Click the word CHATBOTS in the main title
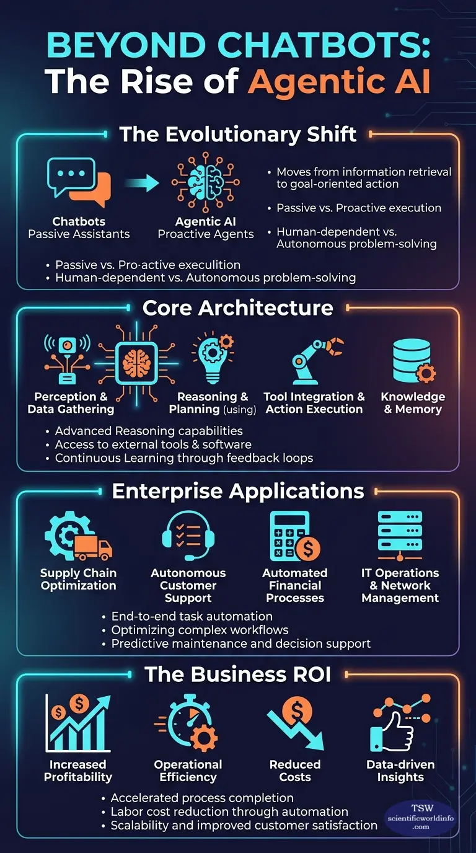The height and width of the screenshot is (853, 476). (x=325, y=45)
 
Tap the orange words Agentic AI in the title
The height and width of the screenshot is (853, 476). (x=339, y=81)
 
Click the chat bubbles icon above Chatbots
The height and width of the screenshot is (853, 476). (x=79, y=182)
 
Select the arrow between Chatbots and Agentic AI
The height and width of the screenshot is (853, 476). (x=142, y=183)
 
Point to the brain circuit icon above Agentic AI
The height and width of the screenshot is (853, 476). (x=206, y=182)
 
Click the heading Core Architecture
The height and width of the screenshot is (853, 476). (x=237, y=307)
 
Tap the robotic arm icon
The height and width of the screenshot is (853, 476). (x=317, y=360)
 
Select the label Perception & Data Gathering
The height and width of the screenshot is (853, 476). (x=71, y=403)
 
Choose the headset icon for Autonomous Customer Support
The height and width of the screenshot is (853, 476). (x=188, y=536)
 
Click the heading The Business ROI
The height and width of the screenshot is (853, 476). (x=237, y=674)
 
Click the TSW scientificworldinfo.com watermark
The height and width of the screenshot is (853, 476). (x=421, y=817)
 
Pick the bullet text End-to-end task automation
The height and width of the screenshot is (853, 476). (x=192, y=616)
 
